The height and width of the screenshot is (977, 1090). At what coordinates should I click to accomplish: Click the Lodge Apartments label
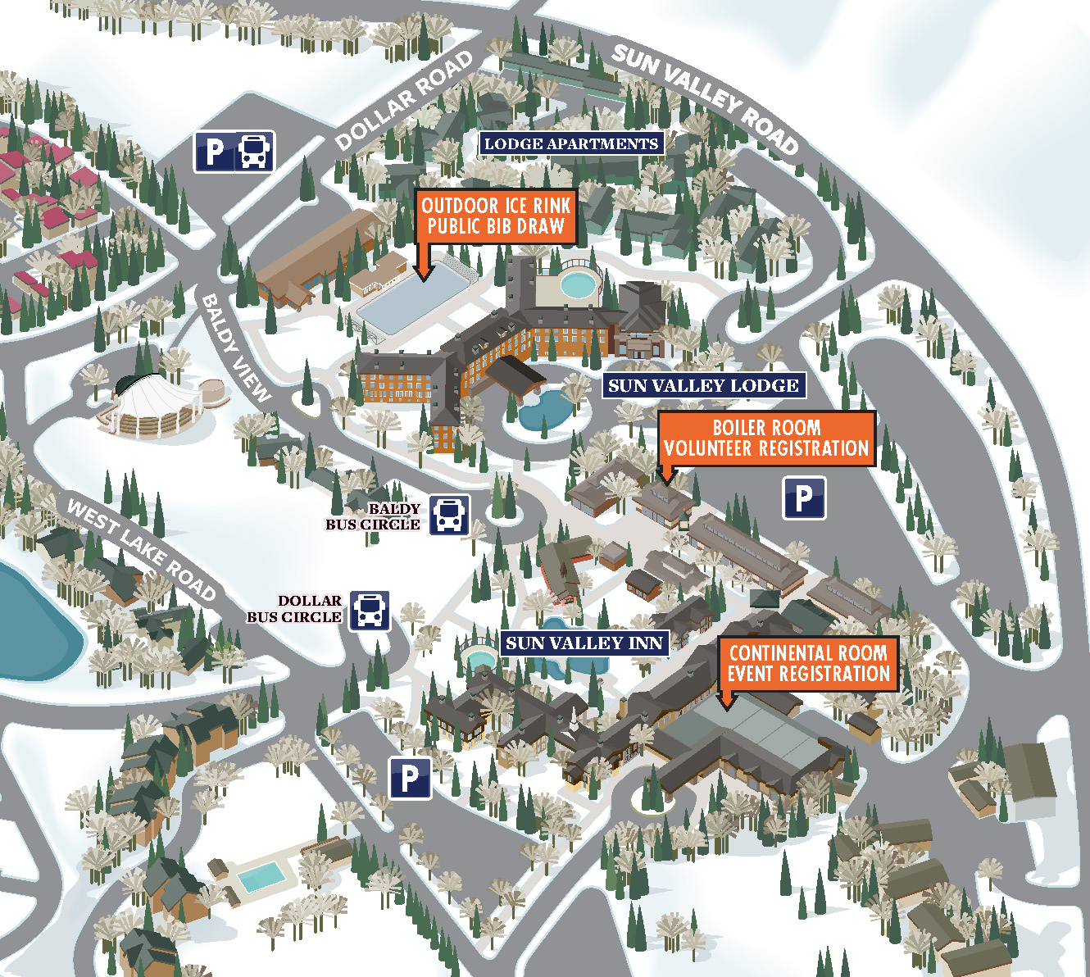pos(570,143)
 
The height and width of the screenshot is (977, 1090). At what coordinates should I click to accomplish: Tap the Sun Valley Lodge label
pos(702,385)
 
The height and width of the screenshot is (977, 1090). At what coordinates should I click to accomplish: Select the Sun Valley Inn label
pos(584,643)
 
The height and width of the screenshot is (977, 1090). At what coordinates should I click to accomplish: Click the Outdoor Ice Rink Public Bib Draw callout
pos(496,216)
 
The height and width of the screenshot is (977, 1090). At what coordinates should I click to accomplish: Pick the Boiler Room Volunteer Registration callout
pos(766,439)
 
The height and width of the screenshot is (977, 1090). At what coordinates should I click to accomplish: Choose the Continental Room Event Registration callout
pos(808,664)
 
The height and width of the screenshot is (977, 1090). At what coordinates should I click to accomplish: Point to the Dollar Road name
pos(404,101)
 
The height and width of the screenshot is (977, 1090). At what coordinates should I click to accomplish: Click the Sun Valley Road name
pos(705,98)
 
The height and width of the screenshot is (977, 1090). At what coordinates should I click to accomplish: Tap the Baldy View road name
pos(235,348)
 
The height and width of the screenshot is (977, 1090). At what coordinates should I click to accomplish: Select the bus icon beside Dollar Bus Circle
pos(370,611)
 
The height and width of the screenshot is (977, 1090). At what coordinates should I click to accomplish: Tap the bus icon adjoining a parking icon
pos(254,152)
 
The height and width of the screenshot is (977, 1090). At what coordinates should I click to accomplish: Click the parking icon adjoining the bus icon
pos(215,152)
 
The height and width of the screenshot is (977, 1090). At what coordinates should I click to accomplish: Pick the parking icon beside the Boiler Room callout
pos(804,498)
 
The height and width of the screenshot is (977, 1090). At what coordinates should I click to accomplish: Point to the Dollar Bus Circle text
pos(295,609)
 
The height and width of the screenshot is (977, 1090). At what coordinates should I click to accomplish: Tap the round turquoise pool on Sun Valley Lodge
pos(579,284)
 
